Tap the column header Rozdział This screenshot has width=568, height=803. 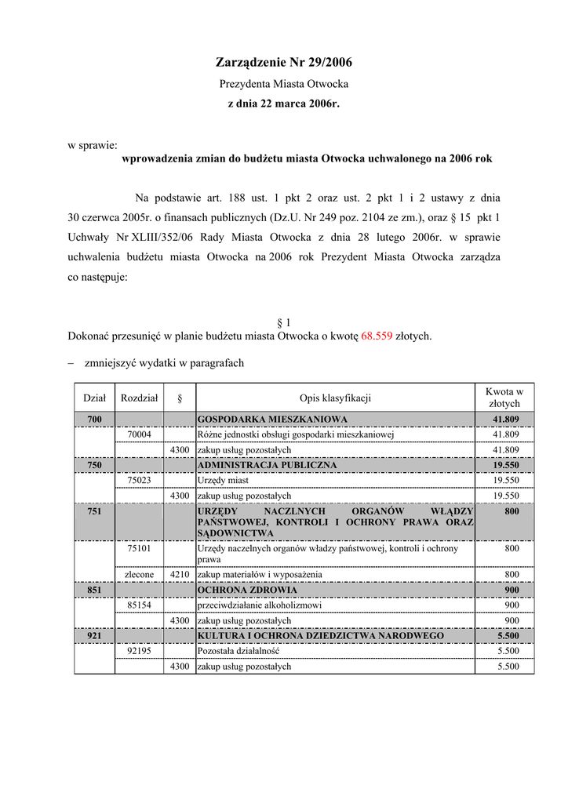pos(139,398)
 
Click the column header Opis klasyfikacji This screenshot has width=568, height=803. pos(334,398)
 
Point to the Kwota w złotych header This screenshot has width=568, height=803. pos(504,398)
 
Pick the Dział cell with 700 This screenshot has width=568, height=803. pos(94,420)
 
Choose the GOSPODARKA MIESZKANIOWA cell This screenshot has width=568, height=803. pos(272,420)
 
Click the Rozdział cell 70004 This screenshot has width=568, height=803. pos(139,434)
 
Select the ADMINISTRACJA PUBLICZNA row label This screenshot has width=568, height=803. pos(267,465)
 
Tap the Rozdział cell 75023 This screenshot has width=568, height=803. pos(139,480)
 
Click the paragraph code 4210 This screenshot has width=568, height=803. pos(180,575)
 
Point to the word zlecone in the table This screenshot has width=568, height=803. pos(139,575)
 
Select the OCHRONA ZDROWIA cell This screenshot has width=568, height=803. pos(247,590)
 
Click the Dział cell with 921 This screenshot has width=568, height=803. pos(94,636)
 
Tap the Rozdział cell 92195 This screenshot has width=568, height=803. pos(139,651)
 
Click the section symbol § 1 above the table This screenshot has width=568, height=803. pos(284,322)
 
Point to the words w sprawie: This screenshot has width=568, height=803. pos(92,145)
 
